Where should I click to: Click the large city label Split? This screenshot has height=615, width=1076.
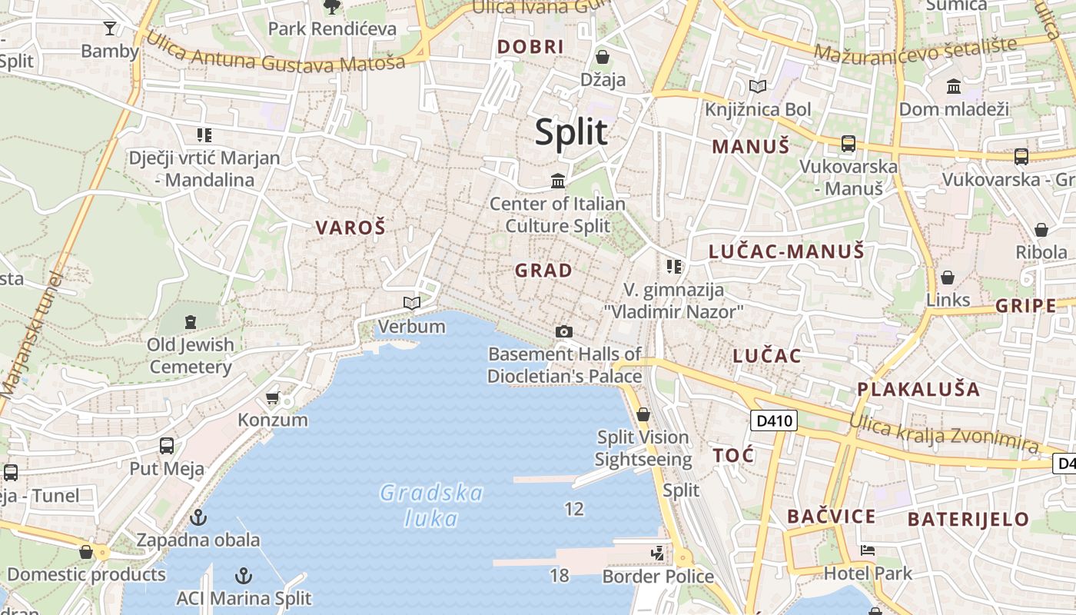coord(571,132)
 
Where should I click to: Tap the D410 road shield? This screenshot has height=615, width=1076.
coord(773,421)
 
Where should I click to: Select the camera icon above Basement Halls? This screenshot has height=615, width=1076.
coord(564,331)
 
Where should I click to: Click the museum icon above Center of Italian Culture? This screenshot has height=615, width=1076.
coord(558,181)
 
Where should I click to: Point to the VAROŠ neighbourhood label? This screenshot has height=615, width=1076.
coord(350,228)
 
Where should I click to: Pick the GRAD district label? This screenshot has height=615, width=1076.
coord(543,271)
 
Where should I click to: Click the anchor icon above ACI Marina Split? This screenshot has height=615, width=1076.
coord(244,575)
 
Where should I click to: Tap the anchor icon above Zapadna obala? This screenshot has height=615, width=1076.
coord(198,517)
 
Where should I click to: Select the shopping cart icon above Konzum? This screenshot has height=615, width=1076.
coord(272,397)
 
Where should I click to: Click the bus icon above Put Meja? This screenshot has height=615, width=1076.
coord(167,446)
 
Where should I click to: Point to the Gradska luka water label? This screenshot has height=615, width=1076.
coord(432,505)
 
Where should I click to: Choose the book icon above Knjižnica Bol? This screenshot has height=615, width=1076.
coord(758,87)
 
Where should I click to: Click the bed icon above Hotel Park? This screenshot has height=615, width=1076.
coord(868,550)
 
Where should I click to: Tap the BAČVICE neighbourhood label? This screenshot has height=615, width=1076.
coord(831,517)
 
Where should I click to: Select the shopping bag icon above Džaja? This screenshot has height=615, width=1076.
coord(603,57)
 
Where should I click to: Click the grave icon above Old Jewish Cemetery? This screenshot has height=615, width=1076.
coord(190,321)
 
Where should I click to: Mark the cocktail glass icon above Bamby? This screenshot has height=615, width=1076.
coord(110,28)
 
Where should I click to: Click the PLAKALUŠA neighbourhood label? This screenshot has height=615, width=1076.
coord(918,389)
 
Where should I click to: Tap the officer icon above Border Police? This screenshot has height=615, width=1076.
coord(657,553)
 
